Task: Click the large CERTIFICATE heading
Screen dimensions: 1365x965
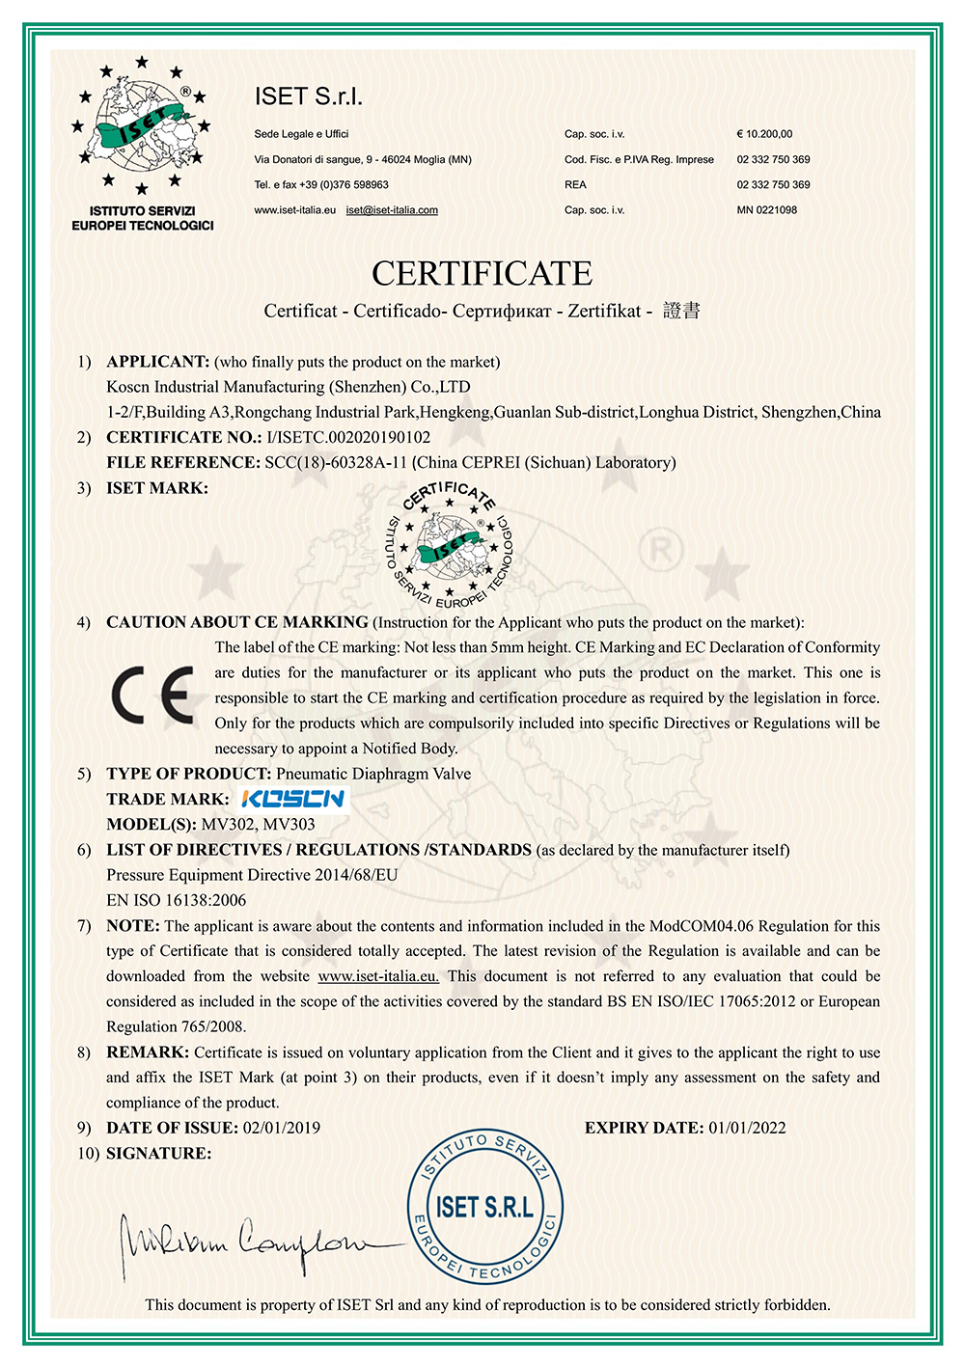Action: tap(482, 274)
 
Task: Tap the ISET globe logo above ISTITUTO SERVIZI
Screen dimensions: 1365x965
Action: tap(142, 125)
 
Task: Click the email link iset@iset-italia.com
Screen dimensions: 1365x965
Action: tap(392, 210)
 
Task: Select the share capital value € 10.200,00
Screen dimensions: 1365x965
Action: tap(764, 134)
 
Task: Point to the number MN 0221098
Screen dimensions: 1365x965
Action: tap(766, 210)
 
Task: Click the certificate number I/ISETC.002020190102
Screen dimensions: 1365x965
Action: tap(348, 437)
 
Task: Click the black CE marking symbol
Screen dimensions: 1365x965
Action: tap(152, 695)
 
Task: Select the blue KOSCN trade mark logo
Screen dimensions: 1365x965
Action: tap(291, 799)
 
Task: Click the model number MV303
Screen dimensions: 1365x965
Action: tap(289, 824)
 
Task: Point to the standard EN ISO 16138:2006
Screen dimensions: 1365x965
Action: tap(176, 900)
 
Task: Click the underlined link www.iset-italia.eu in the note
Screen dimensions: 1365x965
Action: tap(378, 976)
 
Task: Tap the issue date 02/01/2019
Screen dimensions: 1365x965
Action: tap(282, 1128)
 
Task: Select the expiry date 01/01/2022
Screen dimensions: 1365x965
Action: tap(747, 1128)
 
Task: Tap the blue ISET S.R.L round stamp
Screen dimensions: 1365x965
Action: tap(484, 1207)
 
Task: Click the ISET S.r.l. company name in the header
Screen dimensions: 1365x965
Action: tap(309, 96)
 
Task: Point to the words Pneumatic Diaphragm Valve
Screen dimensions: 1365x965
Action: tap(373, 774)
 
